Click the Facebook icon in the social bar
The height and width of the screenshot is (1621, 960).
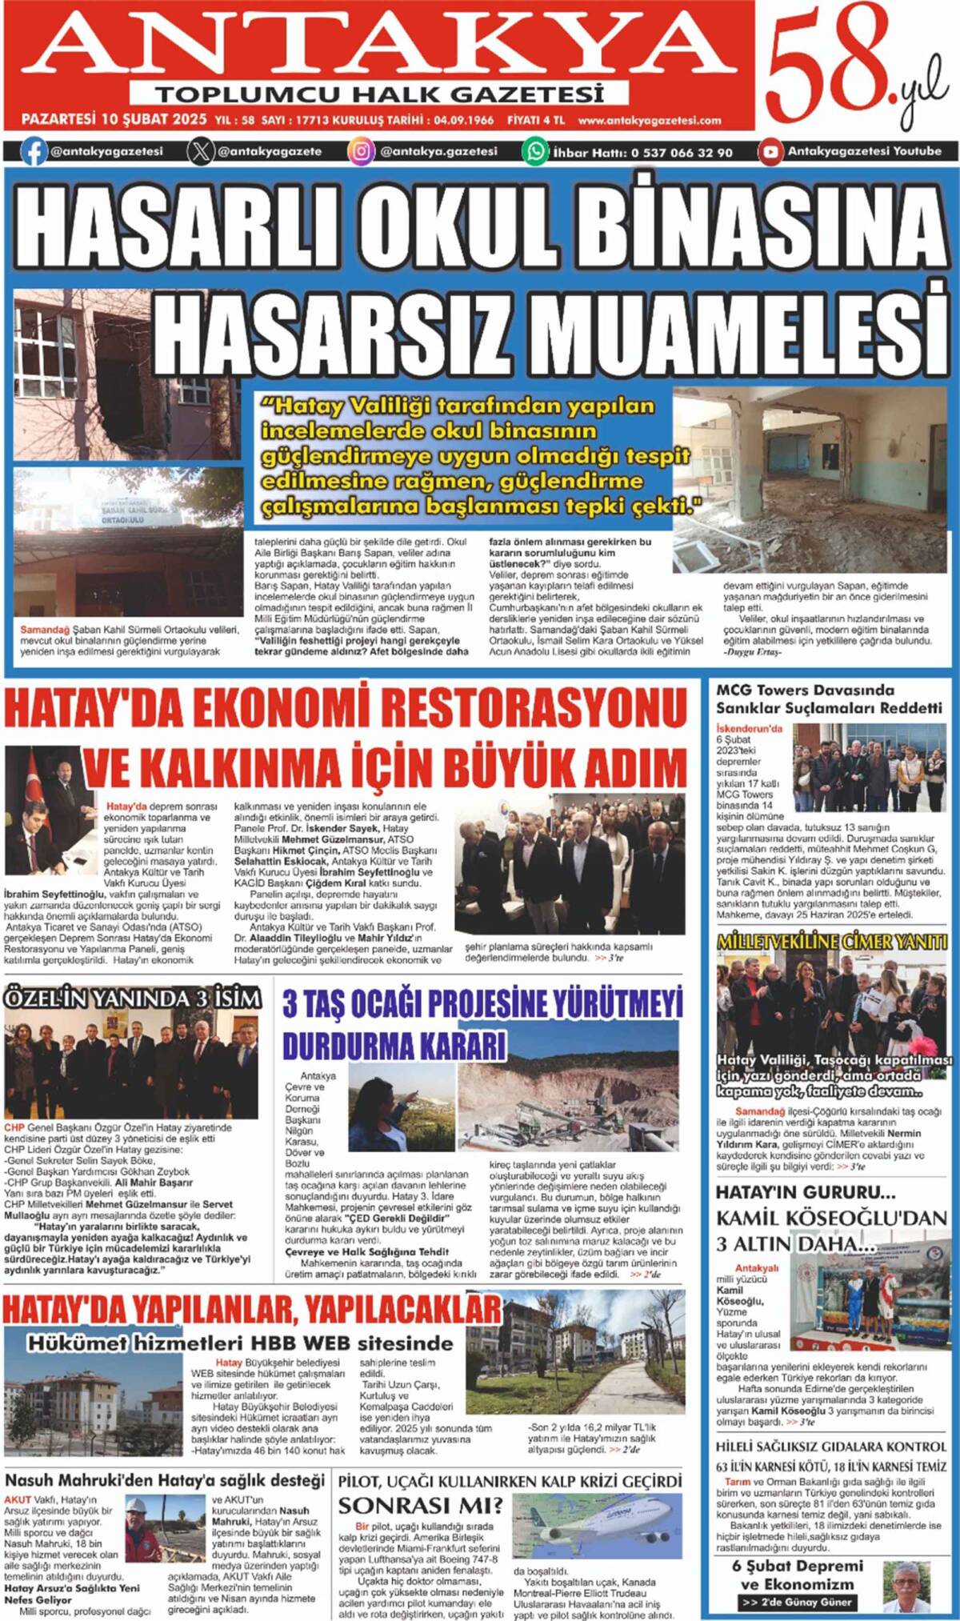(x=33, y=151)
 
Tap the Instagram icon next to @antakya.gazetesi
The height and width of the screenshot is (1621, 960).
(x=362, y=151)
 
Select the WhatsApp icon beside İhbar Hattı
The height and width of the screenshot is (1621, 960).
(x=534, y=151)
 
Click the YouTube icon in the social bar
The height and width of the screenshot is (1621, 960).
(x=770, y=151)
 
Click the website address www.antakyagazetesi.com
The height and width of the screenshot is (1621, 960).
(x=649, y=121)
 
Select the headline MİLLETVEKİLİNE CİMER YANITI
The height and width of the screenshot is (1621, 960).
(x=832, y=942)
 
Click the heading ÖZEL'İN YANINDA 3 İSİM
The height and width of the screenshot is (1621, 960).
(x=133, y=998)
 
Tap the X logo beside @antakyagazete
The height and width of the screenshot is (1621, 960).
(x=201, y=151)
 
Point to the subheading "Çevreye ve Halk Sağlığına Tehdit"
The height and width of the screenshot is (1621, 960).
(x=367, y=1251)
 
